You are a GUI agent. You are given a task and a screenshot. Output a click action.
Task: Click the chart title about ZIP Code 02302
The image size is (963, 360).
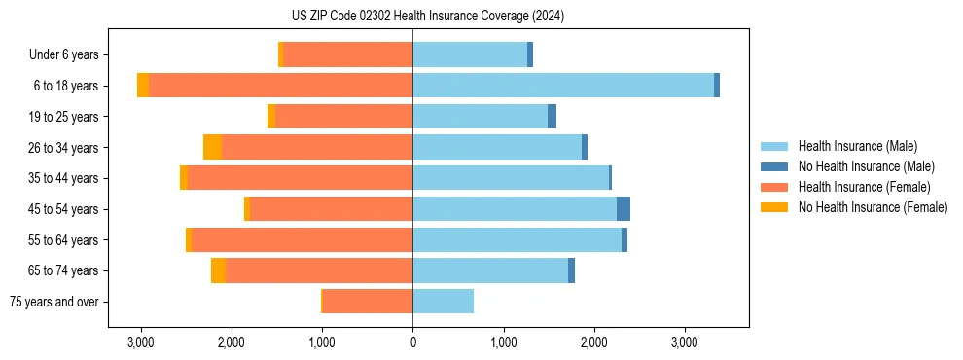pyautogui.click(x=481, y=16)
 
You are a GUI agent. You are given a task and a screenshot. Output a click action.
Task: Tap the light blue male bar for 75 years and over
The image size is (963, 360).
pyautogui.click(x=443, y=302)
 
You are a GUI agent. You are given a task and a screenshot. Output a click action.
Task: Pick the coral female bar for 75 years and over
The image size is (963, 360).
pyautogui.click(x=368, y=302)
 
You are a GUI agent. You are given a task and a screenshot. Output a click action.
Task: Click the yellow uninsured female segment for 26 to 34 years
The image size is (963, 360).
pyautogui.click(x=212, y=147)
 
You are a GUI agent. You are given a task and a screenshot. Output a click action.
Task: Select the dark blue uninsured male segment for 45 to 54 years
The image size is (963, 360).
pyautogui.click(x=624, y=209)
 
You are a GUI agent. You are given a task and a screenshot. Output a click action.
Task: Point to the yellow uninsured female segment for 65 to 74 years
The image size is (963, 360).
pyautogui.click(x=218, y=270)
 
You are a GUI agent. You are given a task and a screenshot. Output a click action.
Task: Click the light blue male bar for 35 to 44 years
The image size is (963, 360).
pyautogui.click(x=511, y=178)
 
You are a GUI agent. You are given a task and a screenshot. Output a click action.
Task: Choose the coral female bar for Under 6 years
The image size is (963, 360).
pyautogui.click(x=347, y=54)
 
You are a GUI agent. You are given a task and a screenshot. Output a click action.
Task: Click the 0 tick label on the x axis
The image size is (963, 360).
pyautogui.click(x=412, y=342)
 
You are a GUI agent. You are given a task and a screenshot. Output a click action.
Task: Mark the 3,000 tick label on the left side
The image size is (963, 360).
pyautogui.click(x=140, y=342)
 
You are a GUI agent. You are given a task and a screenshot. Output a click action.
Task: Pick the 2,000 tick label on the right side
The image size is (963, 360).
pyautogui.click(x=593, y=342)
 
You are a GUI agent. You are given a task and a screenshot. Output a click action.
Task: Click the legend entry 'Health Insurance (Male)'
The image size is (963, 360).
pyautogui.click(x=857, y=146)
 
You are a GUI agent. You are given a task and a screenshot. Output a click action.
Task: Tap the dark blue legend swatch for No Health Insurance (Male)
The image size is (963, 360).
pyautogui.click(x=774, y=166)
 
